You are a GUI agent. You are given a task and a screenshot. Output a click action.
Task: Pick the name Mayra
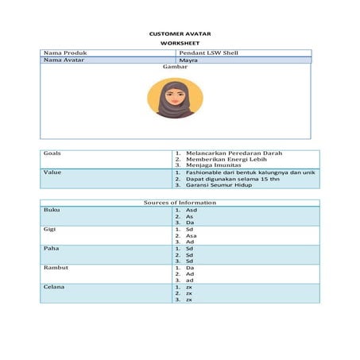pyautogui.click(x=188, y=60)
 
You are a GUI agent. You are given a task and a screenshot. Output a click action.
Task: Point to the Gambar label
pyautogui.click(x=174, y=68)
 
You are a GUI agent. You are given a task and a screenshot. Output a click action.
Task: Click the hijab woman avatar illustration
pyautogui.click(x=175, y=99)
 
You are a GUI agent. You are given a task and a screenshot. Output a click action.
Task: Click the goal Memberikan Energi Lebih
pyautogui.click(x=226, y=159)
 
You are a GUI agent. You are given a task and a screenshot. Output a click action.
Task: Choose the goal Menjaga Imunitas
pyautogui.click(x=217, y=165)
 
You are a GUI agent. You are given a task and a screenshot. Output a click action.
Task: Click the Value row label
pyautogui.click(x=52, y=172)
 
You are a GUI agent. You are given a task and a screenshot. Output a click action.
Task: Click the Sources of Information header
pyautogui.click(x=180, y=203)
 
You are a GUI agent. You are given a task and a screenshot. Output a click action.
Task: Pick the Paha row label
pyautogui.click(x=50, y=248)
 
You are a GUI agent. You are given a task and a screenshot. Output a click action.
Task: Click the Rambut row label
pyautogui.click(x=55, y=268)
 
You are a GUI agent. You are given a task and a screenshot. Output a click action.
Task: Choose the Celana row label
pyautogui.click(x=53, y=287)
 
